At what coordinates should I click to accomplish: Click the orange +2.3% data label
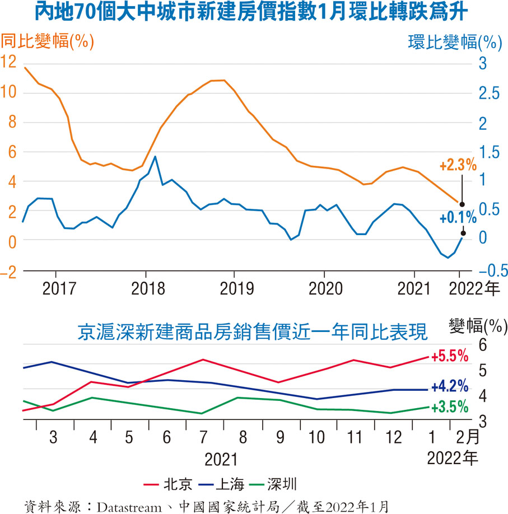click(x=457, y=166)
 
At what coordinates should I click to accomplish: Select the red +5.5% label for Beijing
click(x=449, y=356)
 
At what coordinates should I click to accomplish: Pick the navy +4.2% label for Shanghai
click(x=449, y=386)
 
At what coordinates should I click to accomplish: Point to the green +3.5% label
click(x=449, y=407)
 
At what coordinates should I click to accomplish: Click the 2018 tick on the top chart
click(x=145, y=289)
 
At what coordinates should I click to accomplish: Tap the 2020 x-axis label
click(x=325, y=289)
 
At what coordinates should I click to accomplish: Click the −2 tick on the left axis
click(x=11, y=271)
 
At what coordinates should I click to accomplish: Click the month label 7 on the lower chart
click(x=203, y=437)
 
